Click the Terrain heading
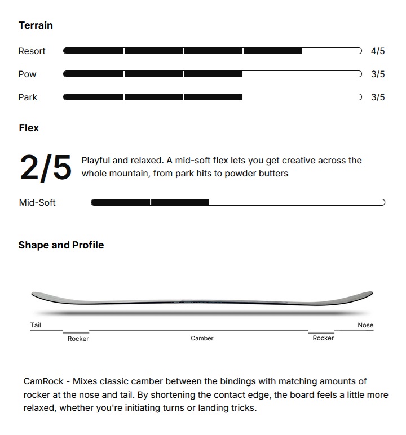tap(36, 25)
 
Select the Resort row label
tap(32, 51)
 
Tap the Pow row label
tap(27, 74)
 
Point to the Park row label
tap(28, 97)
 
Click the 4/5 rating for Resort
tap(377, 51)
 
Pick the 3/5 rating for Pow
tap(377, 74)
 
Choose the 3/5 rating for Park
tap(377, 97)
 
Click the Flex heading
tap(29, 128)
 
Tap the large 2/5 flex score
tap(46, 167)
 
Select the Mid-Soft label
tap(37, 203)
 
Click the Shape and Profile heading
tap(61, 245)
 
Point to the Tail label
tap(36, 325)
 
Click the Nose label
tap(365, 325)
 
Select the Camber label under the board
tap(202, 338)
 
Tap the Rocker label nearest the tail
tap(78, 339)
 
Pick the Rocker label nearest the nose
tap(323, 338)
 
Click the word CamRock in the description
tap(43, 381)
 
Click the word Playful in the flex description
tap(96, 161)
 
